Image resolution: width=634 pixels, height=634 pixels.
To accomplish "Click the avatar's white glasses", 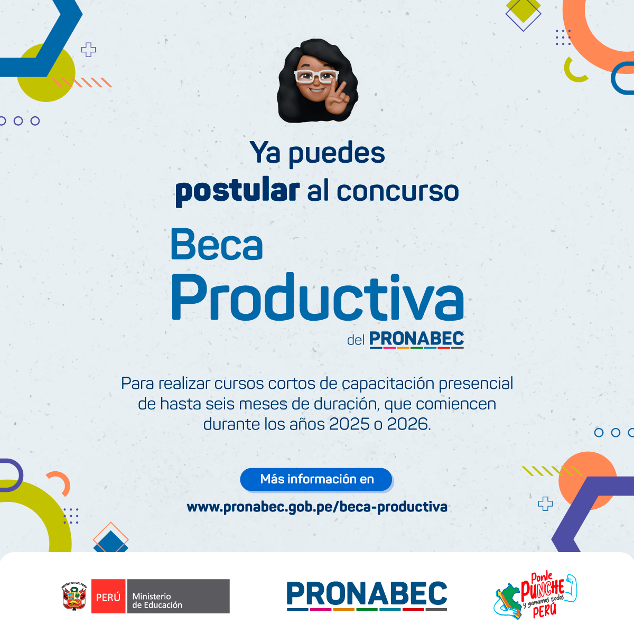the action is coord(316,76).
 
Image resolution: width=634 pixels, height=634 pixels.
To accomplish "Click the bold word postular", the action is coord(237,192).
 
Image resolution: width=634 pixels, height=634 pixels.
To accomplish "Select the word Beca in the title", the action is coord(217,245).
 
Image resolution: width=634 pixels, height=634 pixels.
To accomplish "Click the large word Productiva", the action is coord(318,297).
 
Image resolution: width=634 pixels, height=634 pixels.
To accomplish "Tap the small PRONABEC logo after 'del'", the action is coord(416,339).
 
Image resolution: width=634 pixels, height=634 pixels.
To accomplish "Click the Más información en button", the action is coord(316,479).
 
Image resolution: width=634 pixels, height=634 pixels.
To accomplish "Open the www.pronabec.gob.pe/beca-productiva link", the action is coord(317,507).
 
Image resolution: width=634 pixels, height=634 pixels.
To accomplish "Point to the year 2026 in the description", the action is coord(407,424).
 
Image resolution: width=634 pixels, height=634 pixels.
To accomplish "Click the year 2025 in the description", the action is coord(349,424).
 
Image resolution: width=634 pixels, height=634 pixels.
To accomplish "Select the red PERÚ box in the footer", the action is coord(108,596).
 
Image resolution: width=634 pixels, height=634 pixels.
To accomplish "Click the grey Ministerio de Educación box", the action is coord(179,596).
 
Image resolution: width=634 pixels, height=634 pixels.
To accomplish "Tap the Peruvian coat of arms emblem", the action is coord(74,596).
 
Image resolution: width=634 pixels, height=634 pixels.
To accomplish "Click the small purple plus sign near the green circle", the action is coord(89,50).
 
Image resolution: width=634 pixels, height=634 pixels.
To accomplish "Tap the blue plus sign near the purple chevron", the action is coord(545,504).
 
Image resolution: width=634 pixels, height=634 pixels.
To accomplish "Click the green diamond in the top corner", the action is coord(523,10).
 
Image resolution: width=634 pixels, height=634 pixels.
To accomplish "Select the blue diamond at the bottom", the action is coord(111,542).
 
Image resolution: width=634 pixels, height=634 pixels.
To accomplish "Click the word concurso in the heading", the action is coord(398,191).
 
